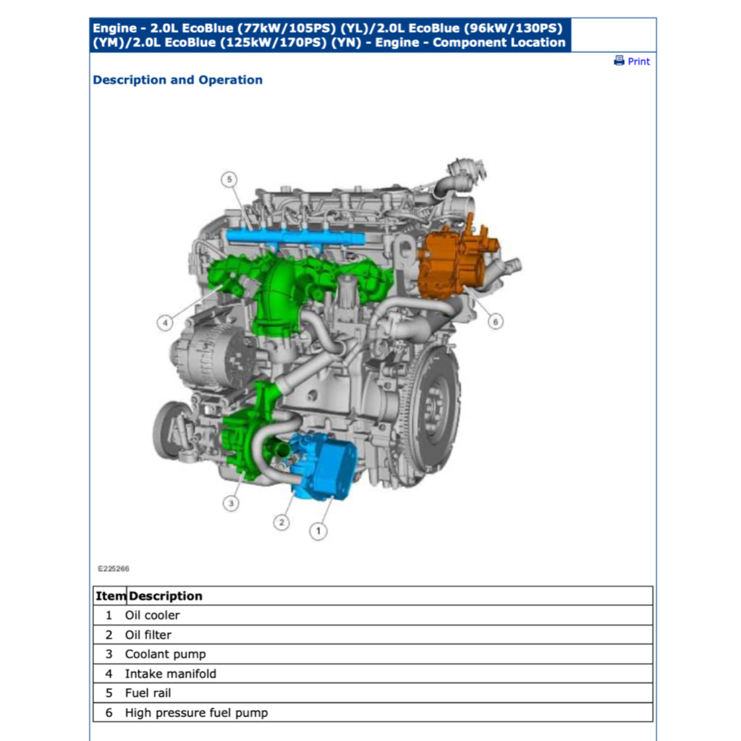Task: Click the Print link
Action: pos(638,62)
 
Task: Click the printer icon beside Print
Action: pos(619,61)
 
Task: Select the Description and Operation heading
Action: pos(177,80)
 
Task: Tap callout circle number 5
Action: pos(229,179)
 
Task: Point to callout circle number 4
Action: pos(166,323)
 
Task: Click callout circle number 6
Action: pos(495,321)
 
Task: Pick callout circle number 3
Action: pos(231,502)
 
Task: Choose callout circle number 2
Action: pos(281,522)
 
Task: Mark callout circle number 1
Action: pos(318,531)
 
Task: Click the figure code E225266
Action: pos(114,569)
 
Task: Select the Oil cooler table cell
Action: pos(152,615)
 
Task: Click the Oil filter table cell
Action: pos(148,635)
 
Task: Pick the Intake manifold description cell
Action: pos(170,674)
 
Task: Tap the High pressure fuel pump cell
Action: pos(196,713)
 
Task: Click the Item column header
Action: pos(110,596)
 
